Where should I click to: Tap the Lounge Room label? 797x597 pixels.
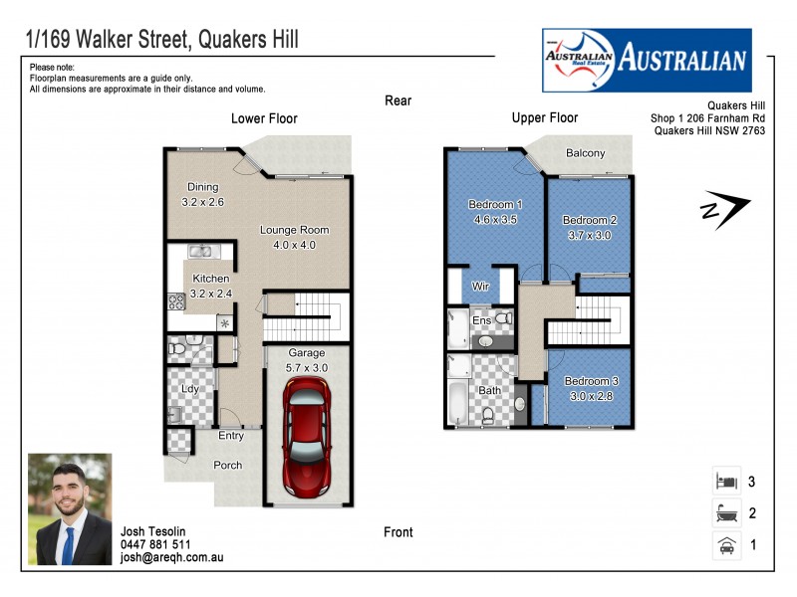pyautogui.click(x=294, y=230)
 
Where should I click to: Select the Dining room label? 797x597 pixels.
pyautogui.click(x=203, y=187)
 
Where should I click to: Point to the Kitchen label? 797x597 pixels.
pyautogui.click(x=210, y=279)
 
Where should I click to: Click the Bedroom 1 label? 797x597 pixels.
pyautogui.click(x=495, y=205)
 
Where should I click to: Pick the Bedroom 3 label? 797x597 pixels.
pyautogui.click(x=591, y=381)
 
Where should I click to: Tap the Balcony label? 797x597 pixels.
pyautogui.click(x=585, y=153)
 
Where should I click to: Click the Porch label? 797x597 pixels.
pyautogui.click(x=228, y=465)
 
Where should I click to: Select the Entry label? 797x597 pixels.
pyautogui.click(x=231, y=436)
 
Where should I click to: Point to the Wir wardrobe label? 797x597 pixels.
pyautogui.click(x=480, y=286)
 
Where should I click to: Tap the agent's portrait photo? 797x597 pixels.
pyautogui.click(x=70, y=508)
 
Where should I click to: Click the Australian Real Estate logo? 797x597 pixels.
pyautogui.click(x=646, y=59)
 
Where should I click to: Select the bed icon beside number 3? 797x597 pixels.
pyautogui.click(x=725, y=482)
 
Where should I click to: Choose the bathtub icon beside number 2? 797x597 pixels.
pyautogui.click(x=725, y=513)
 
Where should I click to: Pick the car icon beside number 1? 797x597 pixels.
pyautogui.click(x=725, y=545)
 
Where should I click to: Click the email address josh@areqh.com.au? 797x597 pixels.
pyautogui.click(x=171, y=558)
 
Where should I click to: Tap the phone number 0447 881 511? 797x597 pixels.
pyautogui.click(x=155, y=544)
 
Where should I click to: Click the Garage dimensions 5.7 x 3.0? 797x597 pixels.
pyautogui.click(x=307, y=367)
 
